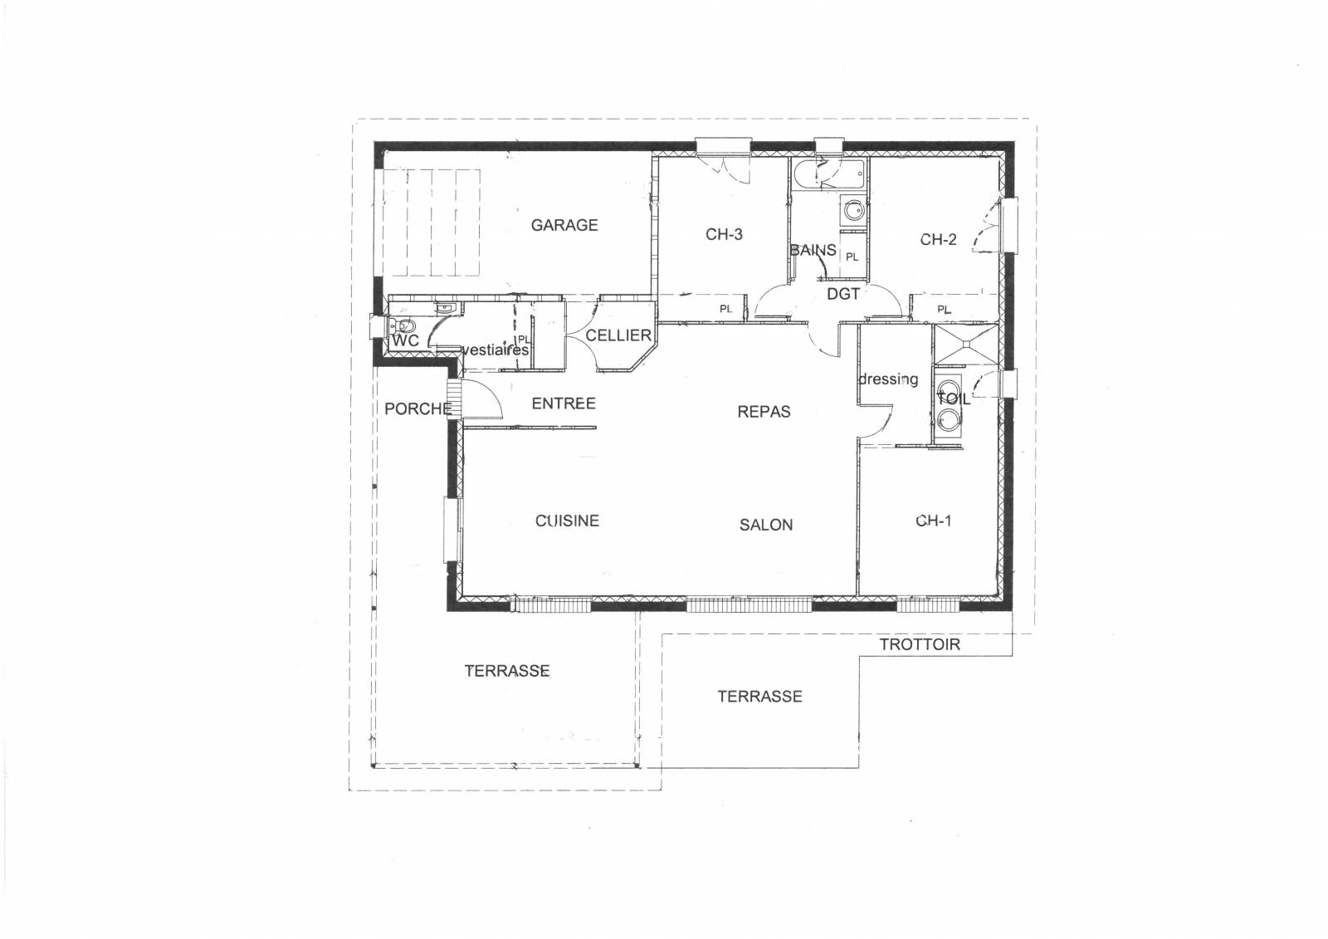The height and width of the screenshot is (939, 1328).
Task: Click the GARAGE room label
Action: (x=564, y=225)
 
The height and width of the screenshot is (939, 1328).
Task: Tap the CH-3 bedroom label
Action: (x=724, y=235)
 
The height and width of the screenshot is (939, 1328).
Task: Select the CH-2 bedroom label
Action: (x=938, y=240)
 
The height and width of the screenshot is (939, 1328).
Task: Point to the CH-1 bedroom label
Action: (x=934, y=521)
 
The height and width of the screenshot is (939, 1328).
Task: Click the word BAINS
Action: (x=813, y=250)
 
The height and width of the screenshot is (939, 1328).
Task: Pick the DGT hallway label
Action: (x=843, y=294)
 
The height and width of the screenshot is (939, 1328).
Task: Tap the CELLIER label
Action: (x=618, y=335)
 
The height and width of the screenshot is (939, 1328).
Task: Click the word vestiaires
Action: (x=495, y=350)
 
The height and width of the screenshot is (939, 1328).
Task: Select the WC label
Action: (x=405, y=341)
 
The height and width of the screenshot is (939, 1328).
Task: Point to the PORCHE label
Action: (x=417, y=408)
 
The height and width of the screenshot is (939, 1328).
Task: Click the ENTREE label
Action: (x=564, y=403)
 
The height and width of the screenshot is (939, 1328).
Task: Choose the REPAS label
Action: (x=764, y=412)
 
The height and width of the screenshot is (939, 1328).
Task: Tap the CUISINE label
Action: (x=567, y=521)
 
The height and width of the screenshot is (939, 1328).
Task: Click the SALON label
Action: (x=766, y=525)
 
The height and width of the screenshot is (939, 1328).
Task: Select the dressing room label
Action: (x=888, y=379)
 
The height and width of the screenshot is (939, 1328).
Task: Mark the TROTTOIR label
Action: (x=920, y=644)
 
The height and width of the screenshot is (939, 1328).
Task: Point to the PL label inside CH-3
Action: (x=726, y=309)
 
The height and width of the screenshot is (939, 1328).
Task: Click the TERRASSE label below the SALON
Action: (x=759, y=697)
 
